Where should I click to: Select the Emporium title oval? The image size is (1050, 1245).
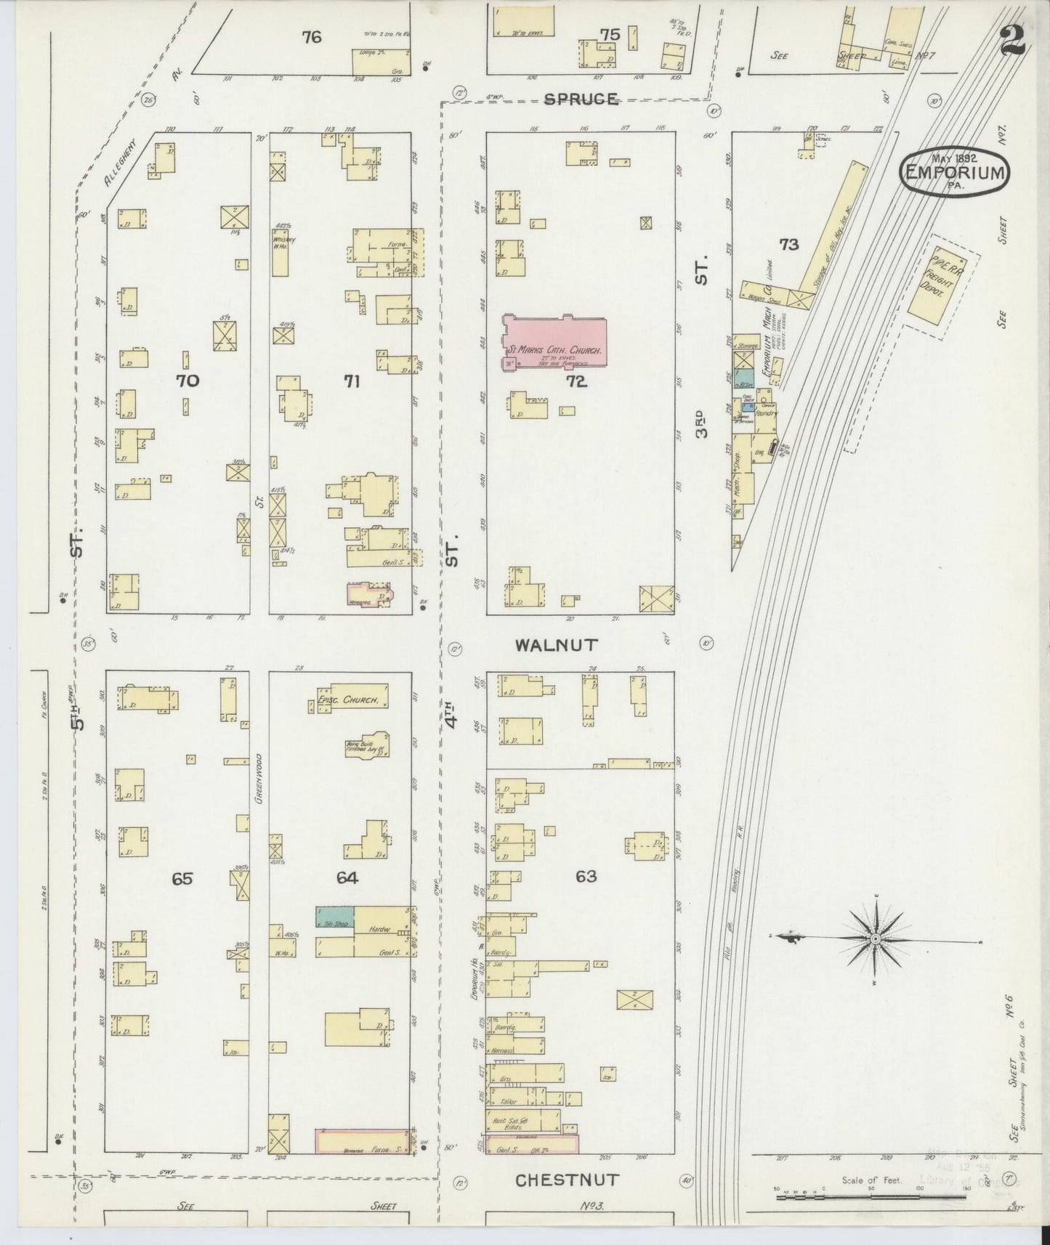click(956, 172)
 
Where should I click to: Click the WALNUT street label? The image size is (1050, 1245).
click(556, 644)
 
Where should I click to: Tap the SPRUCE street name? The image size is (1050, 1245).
click(582, 100)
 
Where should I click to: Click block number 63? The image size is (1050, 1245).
click(586, 877)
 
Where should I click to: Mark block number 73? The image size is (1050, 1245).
click(788, 245)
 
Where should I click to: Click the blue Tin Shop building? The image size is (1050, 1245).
click(335, 917)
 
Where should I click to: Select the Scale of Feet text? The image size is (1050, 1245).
click(872, 1180)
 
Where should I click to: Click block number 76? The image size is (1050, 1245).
click(311, 37)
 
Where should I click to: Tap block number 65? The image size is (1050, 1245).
click(182, 878)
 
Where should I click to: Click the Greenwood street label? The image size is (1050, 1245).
click(259, 776)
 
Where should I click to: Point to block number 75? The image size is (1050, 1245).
click(609, 34)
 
